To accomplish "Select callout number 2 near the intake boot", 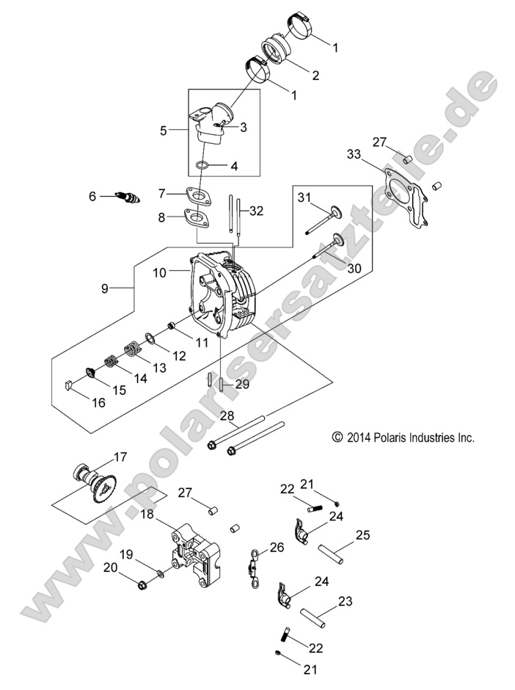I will coord(315,74).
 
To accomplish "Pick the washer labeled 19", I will coord(161,572).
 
